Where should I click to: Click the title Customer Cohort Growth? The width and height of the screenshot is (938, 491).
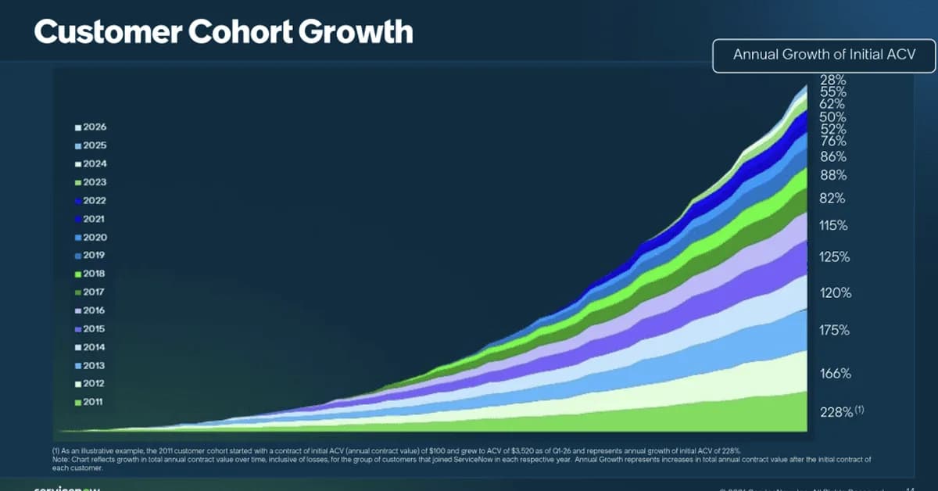click(x=224, y=32)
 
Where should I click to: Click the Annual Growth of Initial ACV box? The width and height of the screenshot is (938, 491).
click(x=823, y=55)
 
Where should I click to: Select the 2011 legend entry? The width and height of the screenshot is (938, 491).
click(x=91, y=402)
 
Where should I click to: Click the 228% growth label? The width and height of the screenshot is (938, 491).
click(x=836, y=411)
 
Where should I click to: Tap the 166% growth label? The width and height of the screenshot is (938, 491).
click(x=835, y=374)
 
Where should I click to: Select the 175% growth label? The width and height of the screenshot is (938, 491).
click(x=835, y=330)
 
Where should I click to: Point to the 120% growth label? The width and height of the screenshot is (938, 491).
click(x=835, y=293)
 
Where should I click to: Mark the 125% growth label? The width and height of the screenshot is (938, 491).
click(x=835, y=256)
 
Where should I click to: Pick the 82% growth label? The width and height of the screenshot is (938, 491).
click(x=832, y=199)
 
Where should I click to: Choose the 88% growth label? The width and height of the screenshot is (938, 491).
click(x=832, y=175)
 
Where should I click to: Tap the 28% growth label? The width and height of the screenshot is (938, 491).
click(x=832, y=80)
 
